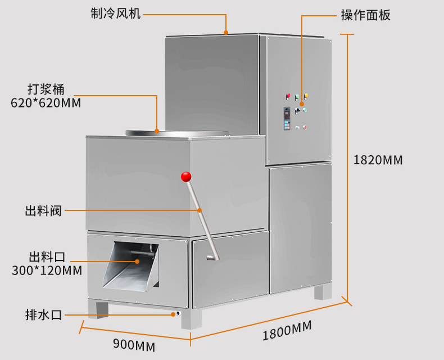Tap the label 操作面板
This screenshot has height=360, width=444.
365,15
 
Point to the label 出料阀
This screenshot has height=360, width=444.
43,211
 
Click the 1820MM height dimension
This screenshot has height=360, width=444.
378,160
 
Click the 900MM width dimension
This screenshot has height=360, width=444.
134,344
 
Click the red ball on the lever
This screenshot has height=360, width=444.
186,177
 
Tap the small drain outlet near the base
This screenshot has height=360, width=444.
177,314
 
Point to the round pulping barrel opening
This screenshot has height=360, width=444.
178,132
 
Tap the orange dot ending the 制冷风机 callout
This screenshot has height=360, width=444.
225,33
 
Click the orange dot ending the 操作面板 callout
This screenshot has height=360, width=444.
302,103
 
